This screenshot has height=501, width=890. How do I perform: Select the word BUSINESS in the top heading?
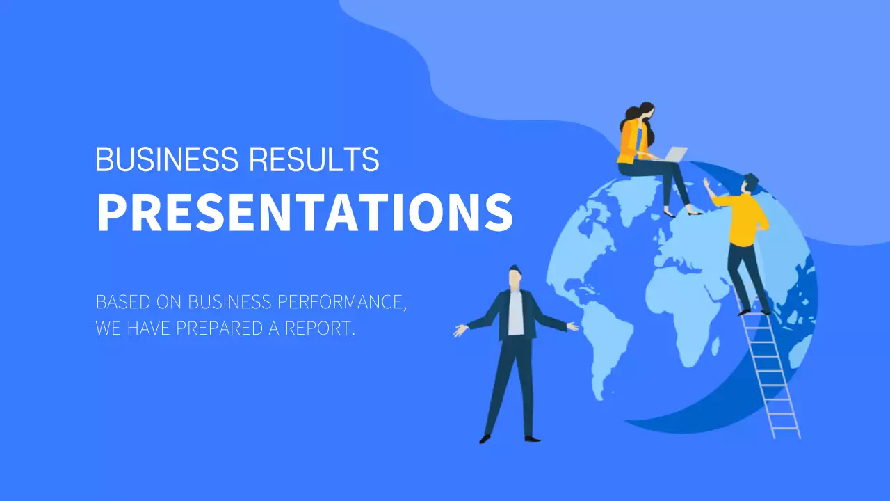tap(168, 160)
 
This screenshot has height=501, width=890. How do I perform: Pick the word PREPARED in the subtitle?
tap(220, 328)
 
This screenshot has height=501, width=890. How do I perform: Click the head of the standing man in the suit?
tap(515, 276)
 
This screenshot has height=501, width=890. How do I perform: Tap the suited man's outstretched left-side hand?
tap(460, 331)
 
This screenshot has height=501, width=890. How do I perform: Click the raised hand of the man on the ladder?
tap(706, 184)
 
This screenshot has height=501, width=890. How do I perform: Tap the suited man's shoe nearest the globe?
tap(532, 438)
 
